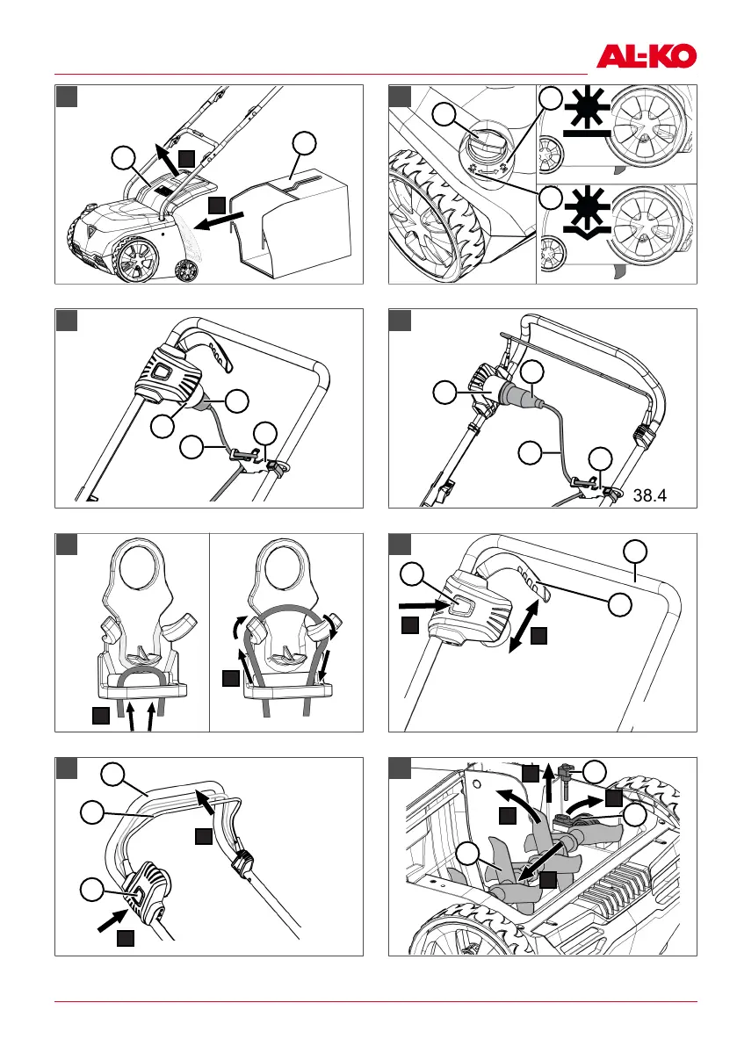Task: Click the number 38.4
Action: click(650, 494)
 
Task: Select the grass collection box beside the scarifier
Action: click(304, 215)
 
